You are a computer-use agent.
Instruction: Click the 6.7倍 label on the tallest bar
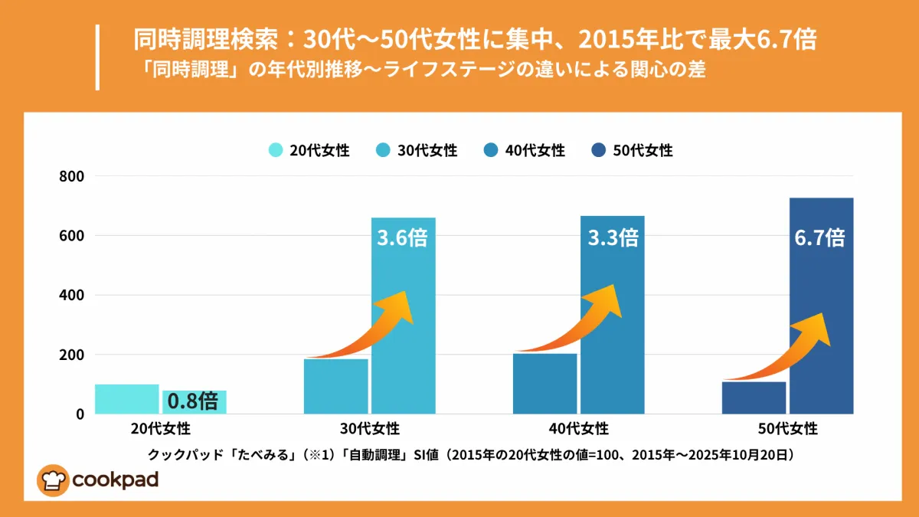pos(819,237)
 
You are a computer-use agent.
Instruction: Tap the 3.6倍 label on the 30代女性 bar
pos(402,237)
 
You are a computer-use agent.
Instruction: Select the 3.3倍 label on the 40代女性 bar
pos(613,237)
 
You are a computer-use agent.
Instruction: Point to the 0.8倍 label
pos(193,401)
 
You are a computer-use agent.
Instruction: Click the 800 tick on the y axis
pos(72,176)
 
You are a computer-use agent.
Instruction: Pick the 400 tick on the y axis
pos(72,295)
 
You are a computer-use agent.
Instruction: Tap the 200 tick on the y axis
pos(72,355)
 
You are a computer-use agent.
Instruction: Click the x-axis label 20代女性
pos(162,428)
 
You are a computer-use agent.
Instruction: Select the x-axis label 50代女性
pos(788,428)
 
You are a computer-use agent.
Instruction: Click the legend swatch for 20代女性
pos(276,150)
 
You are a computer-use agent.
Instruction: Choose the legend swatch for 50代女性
pos(600,150)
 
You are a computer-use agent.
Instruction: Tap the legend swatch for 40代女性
pos(492,150)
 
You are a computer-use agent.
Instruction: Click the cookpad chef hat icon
pos(52,480)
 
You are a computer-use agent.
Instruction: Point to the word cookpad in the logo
pos(116,480)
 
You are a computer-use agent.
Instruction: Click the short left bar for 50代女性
pos(754,398)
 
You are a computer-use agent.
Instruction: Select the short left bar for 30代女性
pos(336,386)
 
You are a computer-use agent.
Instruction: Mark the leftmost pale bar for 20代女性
pos(127,399)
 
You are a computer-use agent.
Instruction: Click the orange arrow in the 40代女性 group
pos(582,322)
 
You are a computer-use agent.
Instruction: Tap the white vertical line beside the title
pos(98,57)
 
